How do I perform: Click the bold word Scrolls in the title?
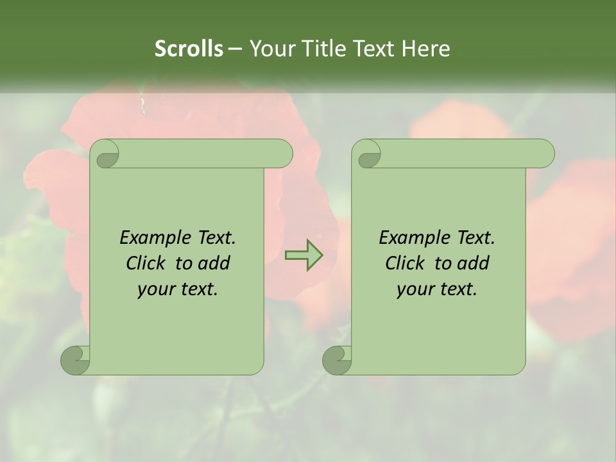coord(189,49)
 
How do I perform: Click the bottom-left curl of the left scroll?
coord(75,359)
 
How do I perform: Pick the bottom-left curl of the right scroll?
coord(337,359)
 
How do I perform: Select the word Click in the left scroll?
coord(141,263)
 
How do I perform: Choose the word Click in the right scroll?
coord(400,263)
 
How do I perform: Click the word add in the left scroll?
coord(214,263)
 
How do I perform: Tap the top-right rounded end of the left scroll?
coord(281,153)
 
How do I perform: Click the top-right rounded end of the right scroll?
coord(543,153)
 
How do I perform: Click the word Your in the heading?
coord(269,49)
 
